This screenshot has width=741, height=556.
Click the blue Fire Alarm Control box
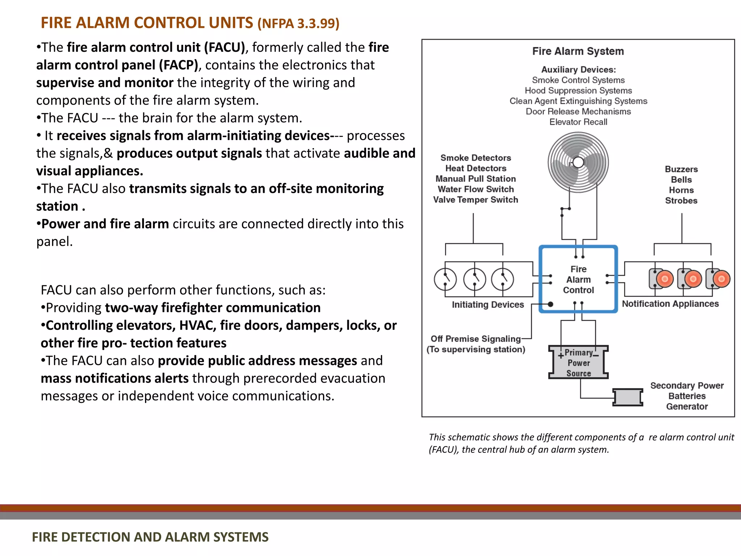point(578,279)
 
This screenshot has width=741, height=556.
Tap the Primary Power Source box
point(579,363)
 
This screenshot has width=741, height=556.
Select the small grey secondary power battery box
point(628,397)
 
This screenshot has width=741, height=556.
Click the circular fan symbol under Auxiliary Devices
point(578,162)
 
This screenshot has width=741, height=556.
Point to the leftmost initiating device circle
point(445,279)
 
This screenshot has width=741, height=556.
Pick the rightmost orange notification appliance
point(721,279)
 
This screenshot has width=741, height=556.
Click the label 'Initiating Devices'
point(488,305)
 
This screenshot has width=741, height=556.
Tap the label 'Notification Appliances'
point(670,304)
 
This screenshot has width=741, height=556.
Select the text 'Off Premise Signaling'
point(475,339)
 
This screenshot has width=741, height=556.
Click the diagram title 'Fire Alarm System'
point(578,51)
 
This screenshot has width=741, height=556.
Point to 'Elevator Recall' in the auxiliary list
point(578,122)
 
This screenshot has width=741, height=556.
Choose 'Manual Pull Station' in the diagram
point(475,179)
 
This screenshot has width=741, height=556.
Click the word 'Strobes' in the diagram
point(681,201)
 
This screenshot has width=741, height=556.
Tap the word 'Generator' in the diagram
point(687,407)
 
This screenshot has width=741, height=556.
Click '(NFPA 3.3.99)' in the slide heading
point(298,24)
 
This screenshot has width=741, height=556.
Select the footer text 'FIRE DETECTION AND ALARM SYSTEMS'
point(150,537)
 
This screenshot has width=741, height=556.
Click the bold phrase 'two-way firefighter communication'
point(213,308)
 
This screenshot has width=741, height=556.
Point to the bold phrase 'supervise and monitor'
point(105,83)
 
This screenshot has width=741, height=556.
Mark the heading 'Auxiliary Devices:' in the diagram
point(578,69)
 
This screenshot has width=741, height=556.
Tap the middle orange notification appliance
point(693,279)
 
